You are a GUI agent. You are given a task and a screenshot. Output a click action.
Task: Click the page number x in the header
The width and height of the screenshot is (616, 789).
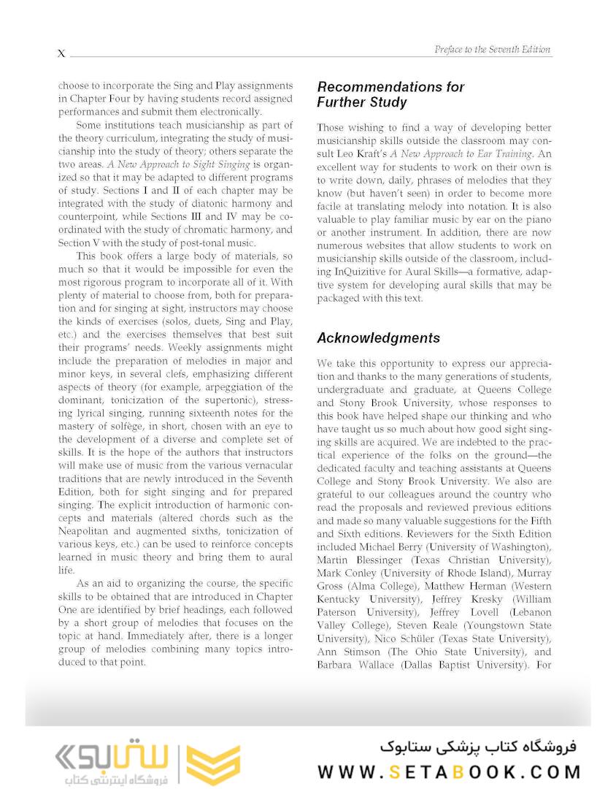[61, 53]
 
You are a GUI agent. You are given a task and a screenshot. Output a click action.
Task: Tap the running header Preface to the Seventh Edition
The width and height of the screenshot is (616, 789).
[493, 49]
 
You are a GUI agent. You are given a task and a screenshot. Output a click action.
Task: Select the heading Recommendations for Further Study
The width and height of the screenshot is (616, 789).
[390, 94]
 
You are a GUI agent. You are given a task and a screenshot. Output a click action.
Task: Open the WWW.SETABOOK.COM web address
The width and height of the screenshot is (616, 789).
[449, 772]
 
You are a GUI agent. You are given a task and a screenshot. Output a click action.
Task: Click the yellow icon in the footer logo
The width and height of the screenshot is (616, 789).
[213, 764]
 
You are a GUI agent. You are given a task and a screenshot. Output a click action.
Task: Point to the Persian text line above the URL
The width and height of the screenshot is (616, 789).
[478, 747]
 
